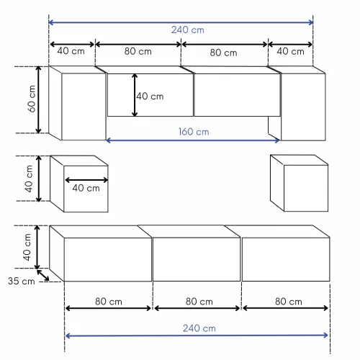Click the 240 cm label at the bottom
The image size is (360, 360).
[199, 328]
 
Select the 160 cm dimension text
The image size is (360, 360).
[194, 132]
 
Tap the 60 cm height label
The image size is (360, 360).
[31, 99]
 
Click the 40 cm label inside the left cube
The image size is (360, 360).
[86, 189]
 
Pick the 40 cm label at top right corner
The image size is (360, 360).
[290, 52]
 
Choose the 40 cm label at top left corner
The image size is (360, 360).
[71, 52]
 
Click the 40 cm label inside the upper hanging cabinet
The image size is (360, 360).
[150, 96]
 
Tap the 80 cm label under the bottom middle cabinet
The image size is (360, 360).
[197, 301]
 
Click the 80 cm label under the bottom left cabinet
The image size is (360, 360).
[108, 301]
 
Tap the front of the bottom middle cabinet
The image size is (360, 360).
[197, 259]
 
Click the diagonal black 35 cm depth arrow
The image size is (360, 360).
[44, 274]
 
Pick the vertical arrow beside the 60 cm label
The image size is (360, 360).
[39, 100]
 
